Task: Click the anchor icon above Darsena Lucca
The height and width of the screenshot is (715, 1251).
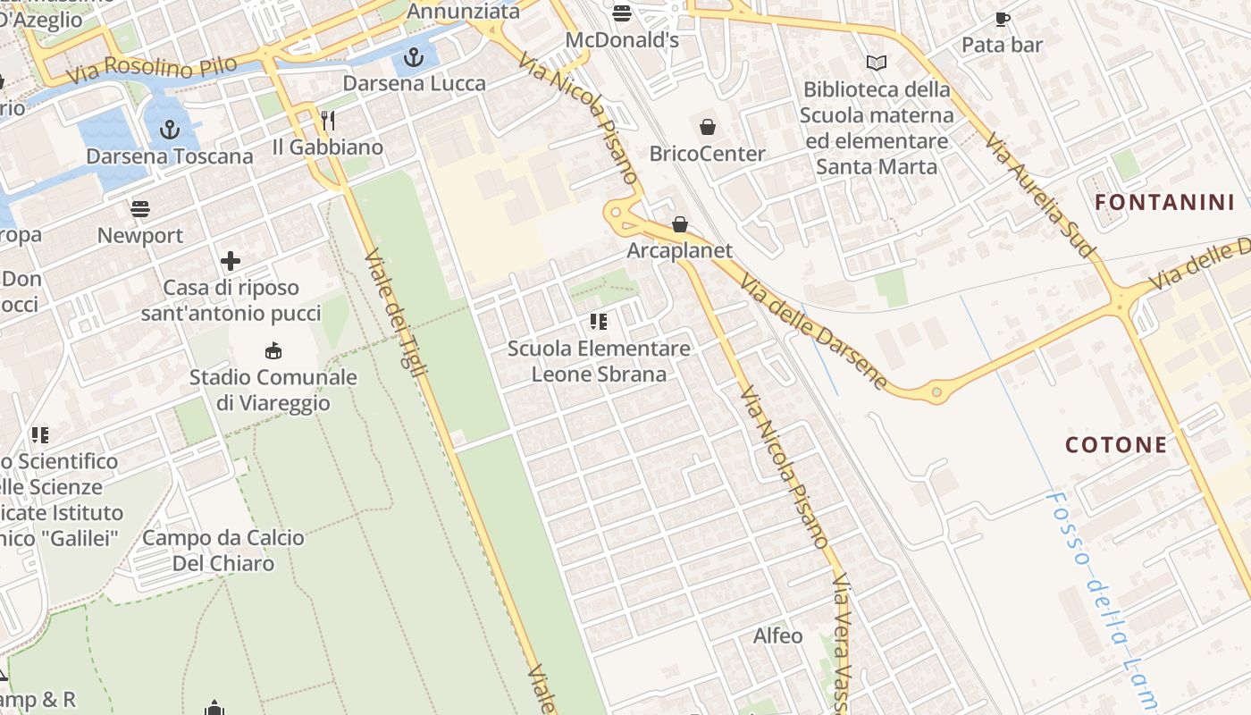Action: click(x=413, y=59)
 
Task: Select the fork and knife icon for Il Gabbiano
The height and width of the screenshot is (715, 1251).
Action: click(x=328, y=121)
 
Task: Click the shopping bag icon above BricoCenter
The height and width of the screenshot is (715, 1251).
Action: click(x=707, y=128)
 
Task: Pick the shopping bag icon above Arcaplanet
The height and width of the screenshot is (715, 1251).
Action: click(x=680, y=224)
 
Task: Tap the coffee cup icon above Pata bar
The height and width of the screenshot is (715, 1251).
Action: click(x=1002, y=19)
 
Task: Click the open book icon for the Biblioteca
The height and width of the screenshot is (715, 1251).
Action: click(x=877, y=63)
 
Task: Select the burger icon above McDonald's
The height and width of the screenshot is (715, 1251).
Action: click(x=622, y=13)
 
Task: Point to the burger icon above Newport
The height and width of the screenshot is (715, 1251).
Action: click(x=140, y=209)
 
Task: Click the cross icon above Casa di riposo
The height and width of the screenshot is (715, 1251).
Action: click(x=231, y=261)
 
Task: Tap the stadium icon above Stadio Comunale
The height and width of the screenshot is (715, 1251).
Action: click(x=273, y=351)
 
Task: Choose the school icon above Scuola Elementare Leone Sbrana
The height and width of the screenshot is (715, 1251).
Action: click(x=599, y=322)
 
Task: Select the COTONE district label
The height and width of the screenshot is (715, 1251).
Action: click(x=1116, y=445)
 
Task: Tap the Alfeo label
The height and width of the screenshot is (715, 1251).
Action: click(x=778, y=636)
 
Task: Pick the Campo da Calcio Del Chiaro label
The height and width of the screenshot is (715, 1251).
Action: click(x=223, y=551)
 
